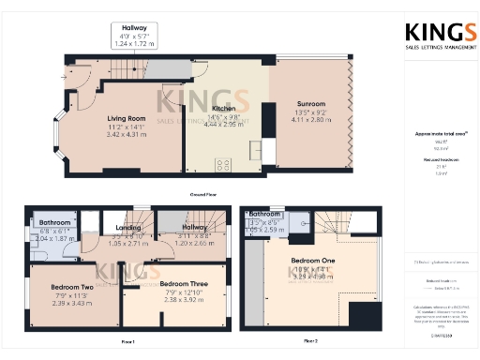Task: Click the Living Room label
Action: coord(125,119)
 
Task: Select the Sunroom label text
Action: coord(311,107)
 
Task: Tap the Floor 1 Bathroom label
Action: coord(55,223)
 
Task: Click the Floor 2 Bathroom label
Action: coord(265,215)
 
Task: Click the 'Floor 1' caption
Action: coord(127,341)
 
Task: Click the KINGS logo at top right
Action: coord(438,35)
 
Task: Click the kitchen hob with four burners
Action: coord(225,164)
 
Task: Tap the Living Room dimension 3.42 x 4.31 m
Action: coord(125,134)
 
